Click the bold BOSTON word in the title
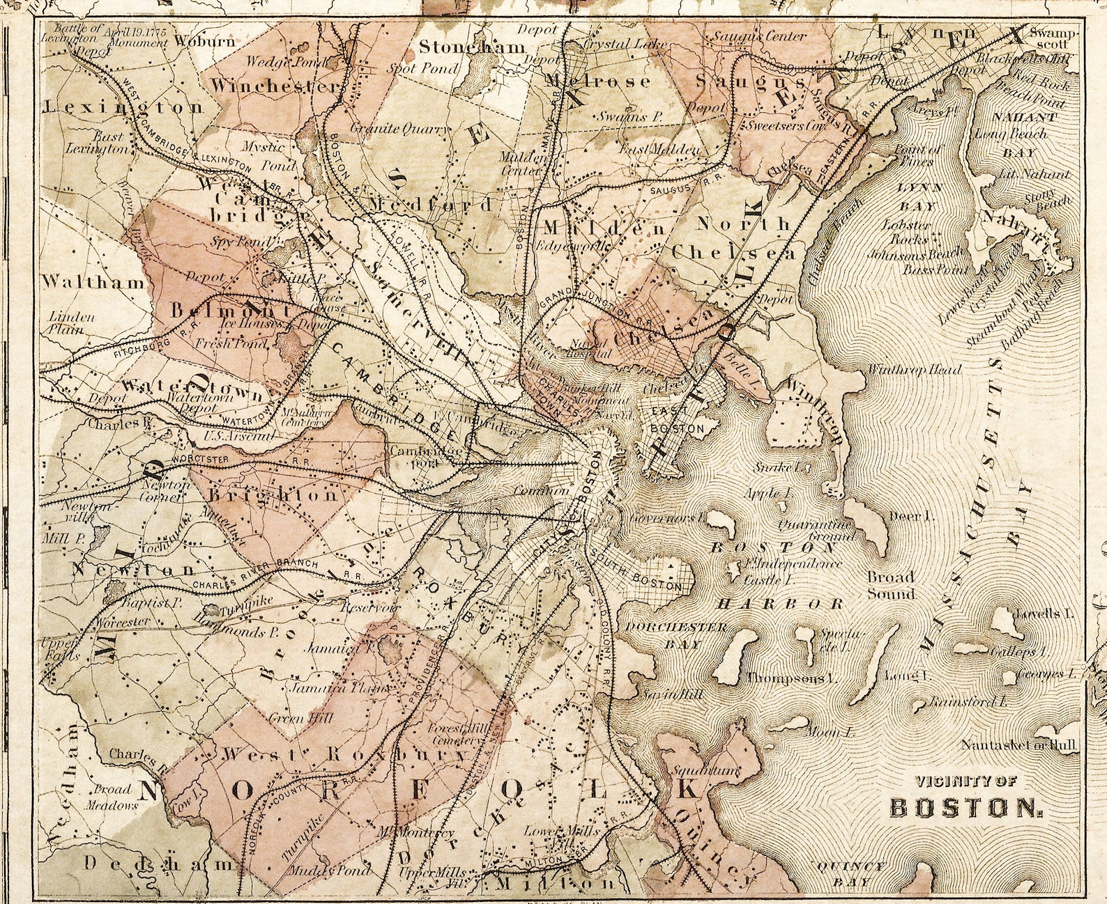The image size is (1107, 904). click(x=966, y=807)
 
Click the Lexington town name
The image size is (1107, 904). click(x=124, y=107)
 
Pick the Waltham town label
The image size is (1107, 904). click(x=93, y=282)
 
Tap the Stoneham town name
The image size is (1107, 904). click(x=472, y=47)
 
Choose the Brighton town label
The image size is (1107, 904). click(x=274, y=495)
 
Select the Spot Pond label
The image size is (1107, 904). click(x=423, y=68)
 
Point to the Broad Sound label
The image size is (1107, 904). click(x=891, y=585)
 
